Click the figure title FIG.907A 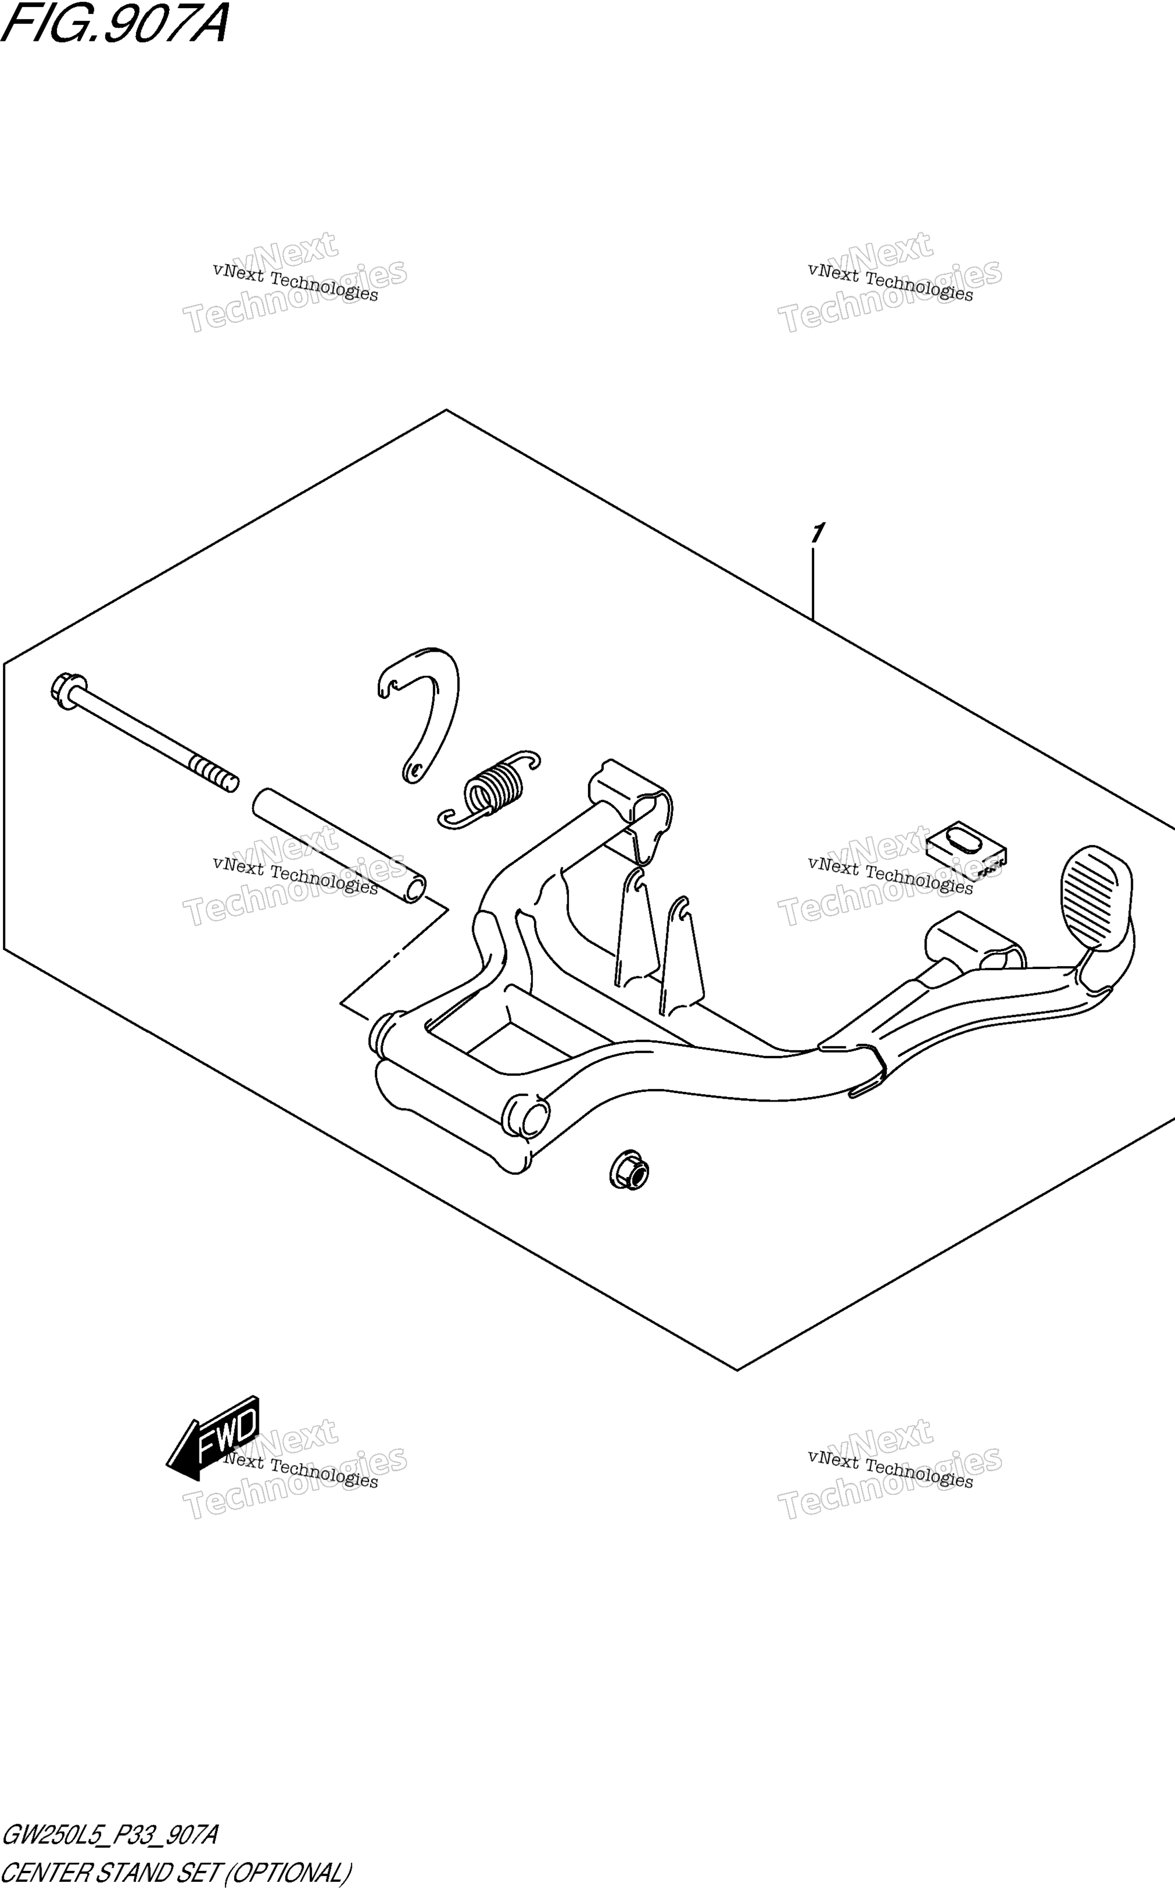(115, 23)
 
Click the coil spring (489, 790)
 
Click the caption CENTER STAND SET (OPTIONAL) (177, 1872)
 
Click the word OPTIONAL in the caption (288, 1872)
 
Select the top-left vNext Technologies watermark (295, 281)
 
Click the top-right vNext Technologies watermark (890, 281)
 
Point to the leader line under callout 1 (813, 584)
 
